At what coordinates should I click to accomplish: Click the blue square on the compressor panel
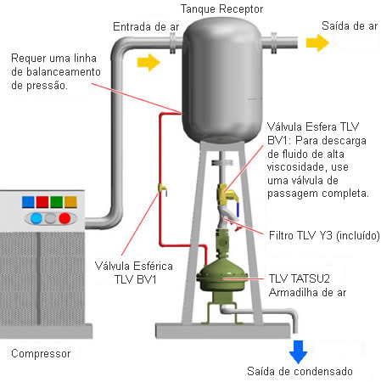click(x=28, y=202)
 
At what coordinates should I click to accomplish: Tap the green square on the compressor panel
click(x=57, y=202)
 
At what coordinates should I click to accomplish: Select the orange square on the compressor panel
click(x=70, y=202)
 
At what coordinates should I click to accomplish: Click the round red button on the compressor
click(x=64, y=218)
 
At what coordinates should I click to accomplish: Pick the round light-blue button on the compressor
click(x=36, y=218)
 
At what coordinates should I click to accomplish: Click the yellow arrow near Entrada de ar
click(x=148, y=62)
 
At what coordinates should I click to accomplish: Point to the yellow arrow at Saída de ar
click(x=317, y=43)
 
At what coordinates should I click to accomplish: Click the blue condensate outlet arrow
click(x=298, y=351)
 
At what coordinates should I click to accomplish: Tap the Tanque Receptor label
click(x=221, y=9)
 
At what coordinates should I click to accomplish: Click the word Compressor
click(x=41, y=354)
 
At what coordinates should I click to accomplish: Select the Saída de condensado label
click(x=300, y=371)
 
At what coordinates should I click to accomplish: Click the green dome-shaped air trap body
click(x=222, y=277)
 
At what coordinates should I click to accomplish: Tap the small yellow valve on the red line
click(x=163, y=189)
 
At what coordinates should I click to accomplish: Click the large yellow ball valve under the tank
click(x=227, y=194)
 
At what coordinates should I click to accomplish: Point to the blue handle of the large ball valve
click(x=238, y=210)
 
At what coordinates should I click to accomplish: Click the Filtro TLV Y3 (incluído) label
click(x=324, y=235)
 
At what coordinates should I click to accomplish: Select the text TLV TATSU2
click(x=300, y=278)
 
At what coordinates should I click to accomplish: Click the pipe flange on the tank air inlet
click(x=172, y=43)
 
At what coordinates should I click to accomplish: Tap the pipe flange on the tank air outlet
click(x=274, y=43)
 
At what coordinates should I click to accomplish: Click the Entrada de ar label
click(x=146, y=27)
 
